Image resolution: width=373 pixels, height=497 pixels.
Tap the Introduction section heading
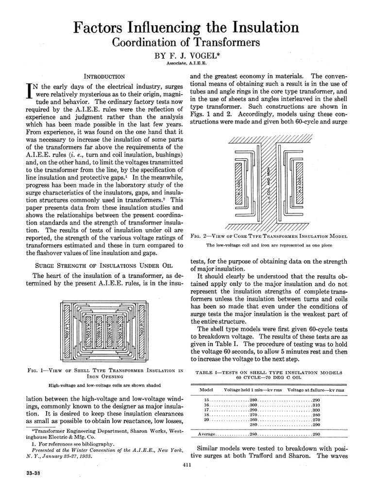pos(105,76)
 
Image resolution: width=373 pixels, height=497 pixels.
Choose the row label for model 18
pos(205,415)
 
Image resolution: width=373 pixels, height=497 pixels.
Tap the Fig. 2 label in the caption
pos(200,236)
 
